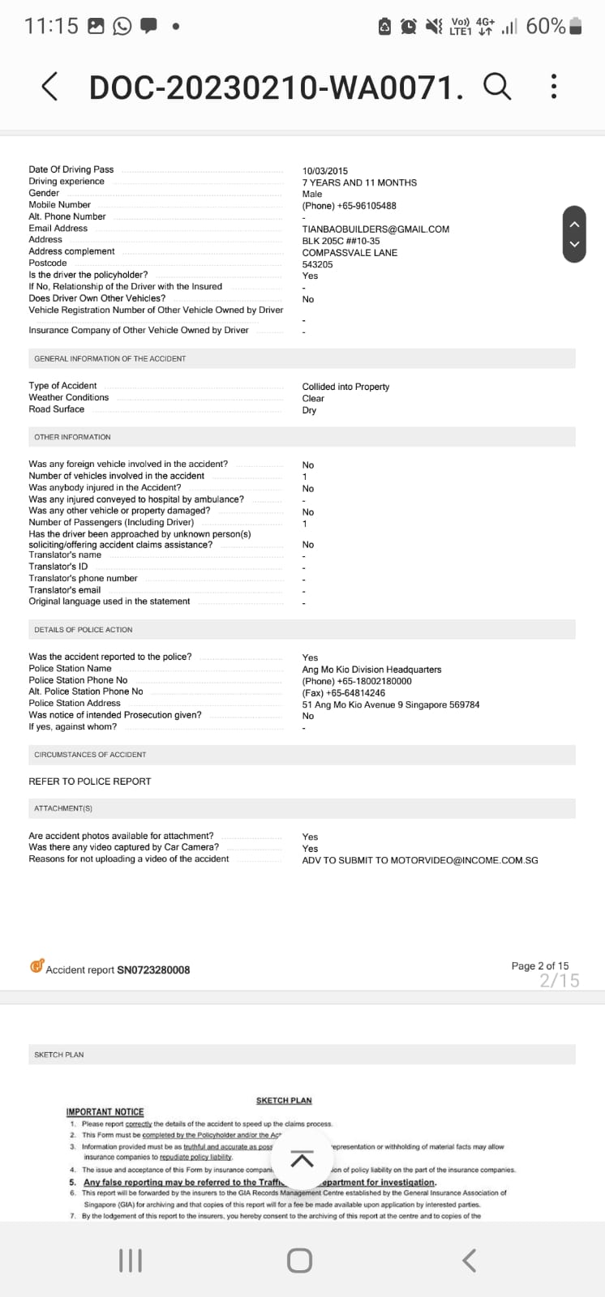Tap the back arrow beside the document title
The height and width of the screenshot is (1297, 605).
click(50, 86)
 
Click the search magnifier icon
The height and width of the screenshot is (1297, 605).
click(497, 85)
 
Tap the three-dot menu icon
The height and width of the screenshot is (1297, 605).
click(554, 86)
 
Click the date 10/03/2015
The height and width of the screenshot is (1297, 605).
click(325, 171)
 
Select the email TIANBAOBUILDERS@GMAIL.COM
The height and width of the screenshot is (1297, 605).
click(375, 229)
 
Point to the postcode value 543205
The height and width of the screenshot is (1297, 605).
click(317, 264)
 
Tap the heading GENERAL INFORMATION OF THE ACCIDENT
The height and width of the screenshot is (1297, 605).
click(110, 358)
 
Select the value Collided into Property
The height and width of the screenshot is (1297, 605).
click(345, 387)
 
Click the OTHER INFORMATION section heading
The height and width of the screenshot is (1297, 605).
click(72, 437)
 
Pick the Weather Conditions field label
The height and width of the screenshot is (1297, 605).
click(69, 397)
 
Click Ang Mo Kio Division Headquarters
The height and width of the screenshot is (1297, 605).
click(371, 670)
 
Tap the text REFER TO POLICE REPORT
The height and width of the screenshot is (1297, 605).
click(90, 781)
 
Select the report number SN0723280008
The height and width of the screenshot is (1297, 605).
click(153, 970)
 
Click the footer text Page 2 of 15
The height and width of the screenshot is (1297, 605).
click(539, 965)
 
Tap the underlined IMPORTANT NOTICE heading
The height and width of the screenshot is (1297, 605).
click(105, 1112)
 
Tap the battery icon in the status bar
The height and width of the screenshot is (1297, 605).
click(576, 26)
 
